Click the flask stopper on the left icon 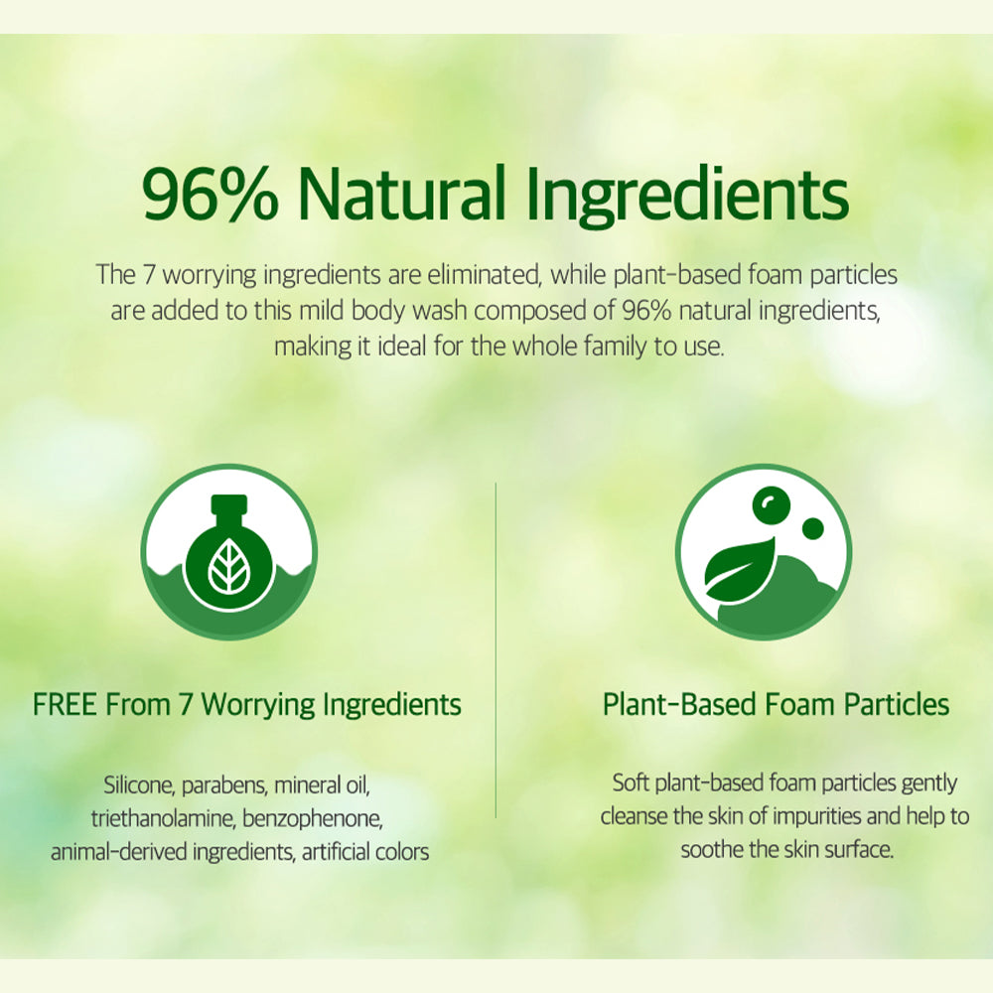click(x=228, y=506)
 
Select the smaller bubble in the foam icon click(x=812, y=528)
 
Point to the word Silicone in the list click(x=139, y=785)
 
